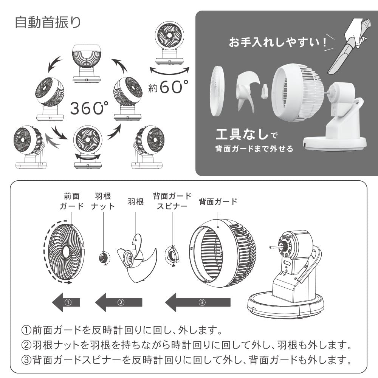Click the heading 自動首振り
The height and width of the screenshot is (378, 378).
[48, 22]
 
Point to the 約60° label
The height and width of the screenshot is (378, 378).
[168, 87]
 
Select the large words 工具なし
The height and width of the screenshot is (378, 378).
[242, 134]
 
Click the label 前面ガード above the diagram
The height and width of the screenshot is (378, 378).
[71, 201]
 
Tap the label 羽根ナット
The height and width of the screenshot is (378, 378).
[103, 201]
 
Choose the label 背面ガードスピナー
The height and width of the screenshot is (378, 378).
[172, 201]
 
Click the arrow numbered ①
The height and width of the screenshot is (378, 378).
[66, 302]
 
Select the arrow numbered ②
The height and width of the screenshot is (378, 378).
[119, 302]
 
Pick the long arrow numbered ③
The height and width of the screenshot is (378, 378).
[198, 302]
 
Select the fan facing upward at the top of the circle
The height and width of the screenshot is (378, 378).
[86, 64]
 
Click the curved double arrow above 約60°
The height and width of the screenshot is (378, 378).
[169, 71]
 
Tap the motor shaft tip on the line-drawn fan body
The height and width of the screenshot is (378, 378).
[271, 247]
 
